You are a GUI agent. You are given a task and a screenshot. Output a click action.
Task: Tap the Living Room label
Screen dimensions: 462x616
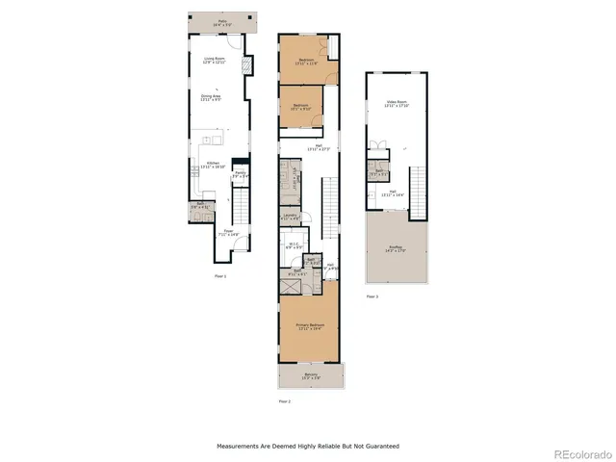(x=214, y=61)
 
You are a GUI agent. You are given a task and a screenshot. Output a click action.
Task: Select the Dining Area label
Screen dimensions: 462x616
(x=212, y=97)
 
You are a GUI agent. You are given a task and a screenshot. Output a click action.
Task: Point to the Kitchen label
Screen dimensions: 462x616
(x=214, y=166)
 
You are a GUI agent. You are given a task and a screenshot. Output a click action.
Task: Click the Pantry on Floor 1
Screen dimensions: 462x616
(x=241, y=175)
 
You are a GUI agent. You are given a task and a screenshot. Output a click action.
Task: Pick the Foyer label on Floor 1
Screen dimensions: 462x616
(x=229, y=232)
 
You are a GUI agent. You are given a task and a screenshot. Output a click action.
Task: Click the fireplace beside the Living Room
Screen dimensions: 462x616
(x=245, y=66)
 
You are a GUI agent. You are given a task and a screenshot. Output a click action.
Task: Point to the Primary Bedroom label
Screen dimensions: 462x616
(x=309, y=327)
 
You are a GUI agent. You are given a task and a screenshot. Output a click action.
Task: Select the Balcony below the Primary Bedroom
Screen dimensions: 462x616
(x=310, y=375)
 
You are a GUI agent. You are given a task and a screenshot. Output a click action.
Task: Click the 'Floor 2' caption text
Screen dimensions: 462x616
(x=284, y=400)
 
